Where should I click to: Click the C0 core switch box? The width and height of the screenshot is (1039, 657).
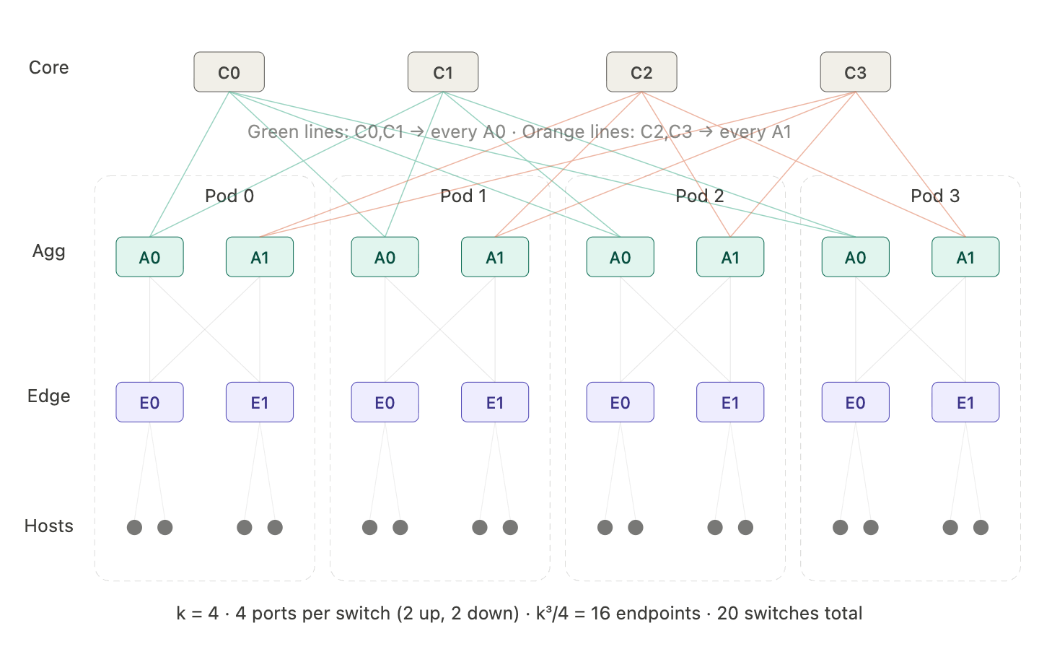pyautogui.click(x=229, y=72)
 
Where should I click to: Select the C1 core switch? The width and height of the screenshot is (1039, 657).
pyautogui.click(x=442, y=72)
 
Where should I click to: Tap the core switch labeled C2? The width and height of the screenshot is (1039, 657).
pyautogui.click(x=641, y=72)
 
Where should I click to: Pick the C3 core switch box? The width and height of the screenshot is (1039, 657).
pyautogui.click(x=855, y=72)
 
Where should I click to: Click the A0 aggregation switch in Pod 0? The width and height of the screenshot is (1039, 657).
pyautogui.click(x=149, y=257)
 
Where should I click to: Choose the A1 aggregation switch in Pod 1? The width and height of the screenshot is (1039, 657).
pyautogui.click(x=495, y=257)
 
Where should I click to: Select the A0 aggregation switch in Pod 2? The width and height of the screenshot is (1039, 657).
pyautogui.click(x=620, y=257)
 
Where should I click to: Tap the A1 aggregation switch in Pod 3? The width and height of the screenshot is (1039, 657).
pyautogui.click(x=965, y=257)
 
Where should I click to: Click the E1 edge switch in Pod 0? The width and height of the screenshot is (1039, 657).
pyautogui.click(x=260, y=402)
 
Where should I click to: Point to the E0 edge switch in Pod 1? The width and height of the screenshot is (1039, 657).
pyautogui.click(x=385, y=402)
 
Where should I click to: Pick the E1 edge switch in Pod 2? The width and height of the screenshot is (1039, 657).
pyautogui.click(x=730, y=402)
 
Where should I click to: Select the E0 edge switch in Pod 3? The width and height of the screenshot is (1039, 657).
pyautogui.click(x=855, y=402)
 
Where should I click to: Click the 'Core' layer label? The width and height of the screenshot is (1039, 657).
pyautogui.click(x=48, y=67)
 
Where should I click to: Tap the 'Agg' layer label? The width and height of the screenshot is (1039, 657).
pyautogui.click(x=48, y=251)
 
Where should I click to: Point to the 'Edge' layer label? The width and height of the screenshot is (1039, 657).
pyautogui.click(x=48, y=396)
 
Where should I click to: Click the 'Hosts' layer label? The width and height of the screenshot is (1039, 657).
pyautogui.click(x=48, y=526)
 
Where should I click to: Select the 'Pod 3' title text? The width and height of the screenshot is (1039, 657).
pyautogui.click(x=935, y=196)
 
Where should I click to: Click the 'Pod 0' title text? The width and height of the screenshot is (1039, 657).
pyautogui.click(x=229, y=196)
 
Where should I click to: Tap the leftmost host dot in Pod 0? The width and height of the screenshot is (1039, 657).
pyautogui.click(x=134, y=527)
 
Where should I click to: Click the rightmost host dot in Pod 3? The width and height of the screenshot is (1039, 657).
pyautogui.click(x=981, y=527)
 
